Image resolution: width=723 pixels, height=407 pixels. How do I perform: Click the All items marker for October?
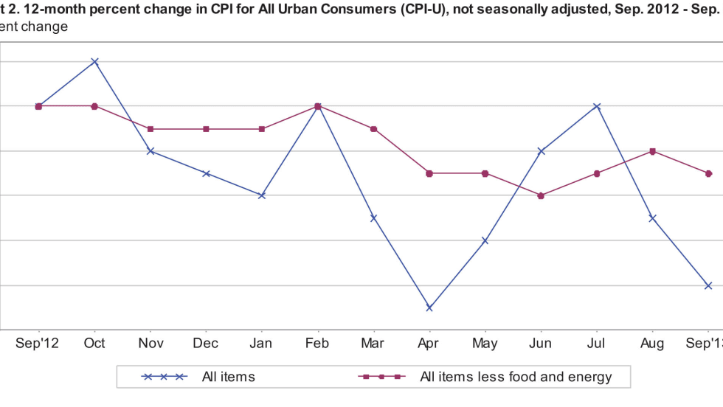[x=94, y=61]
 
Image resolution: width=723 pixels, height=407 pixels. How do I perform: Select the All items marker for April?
[x=429, y=307]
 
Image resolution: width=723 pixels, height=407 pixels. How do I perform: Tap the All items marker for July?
[x=597, y=106]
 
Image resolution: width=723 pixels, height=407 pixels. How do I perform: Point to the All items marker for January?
[x=262, y=195]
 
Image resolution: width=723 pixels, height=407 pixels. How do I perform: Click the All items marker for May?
[x=485, y=240]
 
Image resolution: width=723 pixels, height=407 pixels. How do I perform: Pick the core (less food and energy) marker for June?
[x=541, y=195]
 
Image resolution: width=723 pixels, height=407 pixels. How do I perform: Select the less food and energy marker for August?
[x=652, y=151]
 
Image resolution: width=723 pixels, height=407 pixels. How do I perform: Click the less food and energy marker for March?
[x=373, y=129]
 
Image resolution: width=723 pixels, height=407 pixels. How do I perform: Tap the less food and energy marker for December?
[x=206, y=129]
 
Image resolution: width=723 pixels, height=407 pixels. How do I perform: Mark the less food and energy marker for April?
[x=429, y=173]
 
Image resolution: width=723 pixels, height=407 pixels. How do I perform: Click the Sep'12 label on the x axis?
[x=38, y=343]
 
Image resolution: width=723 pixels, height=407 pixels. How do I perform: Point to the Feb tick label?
[x=317, y=343]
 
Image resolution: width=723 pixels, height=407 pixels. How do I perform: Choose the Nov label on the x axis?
[x=151, y=343]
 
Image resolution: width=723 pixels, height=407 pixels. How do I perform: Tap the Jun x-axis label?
[x=541, y=343]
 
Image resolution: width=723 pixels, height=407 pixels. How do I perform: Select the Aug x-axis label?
[x=652, y=343]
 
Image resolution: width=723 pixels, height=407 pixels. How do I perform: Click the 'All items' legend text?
[x=229, y=377]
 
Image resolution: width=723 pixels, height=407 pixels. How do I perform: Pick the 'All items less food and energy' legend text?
[x=516, y=377]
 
